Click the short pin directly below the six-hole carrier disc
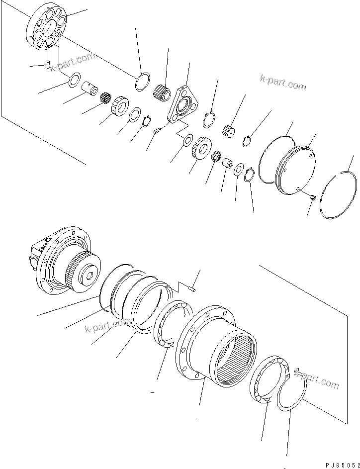coord(48,65)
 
